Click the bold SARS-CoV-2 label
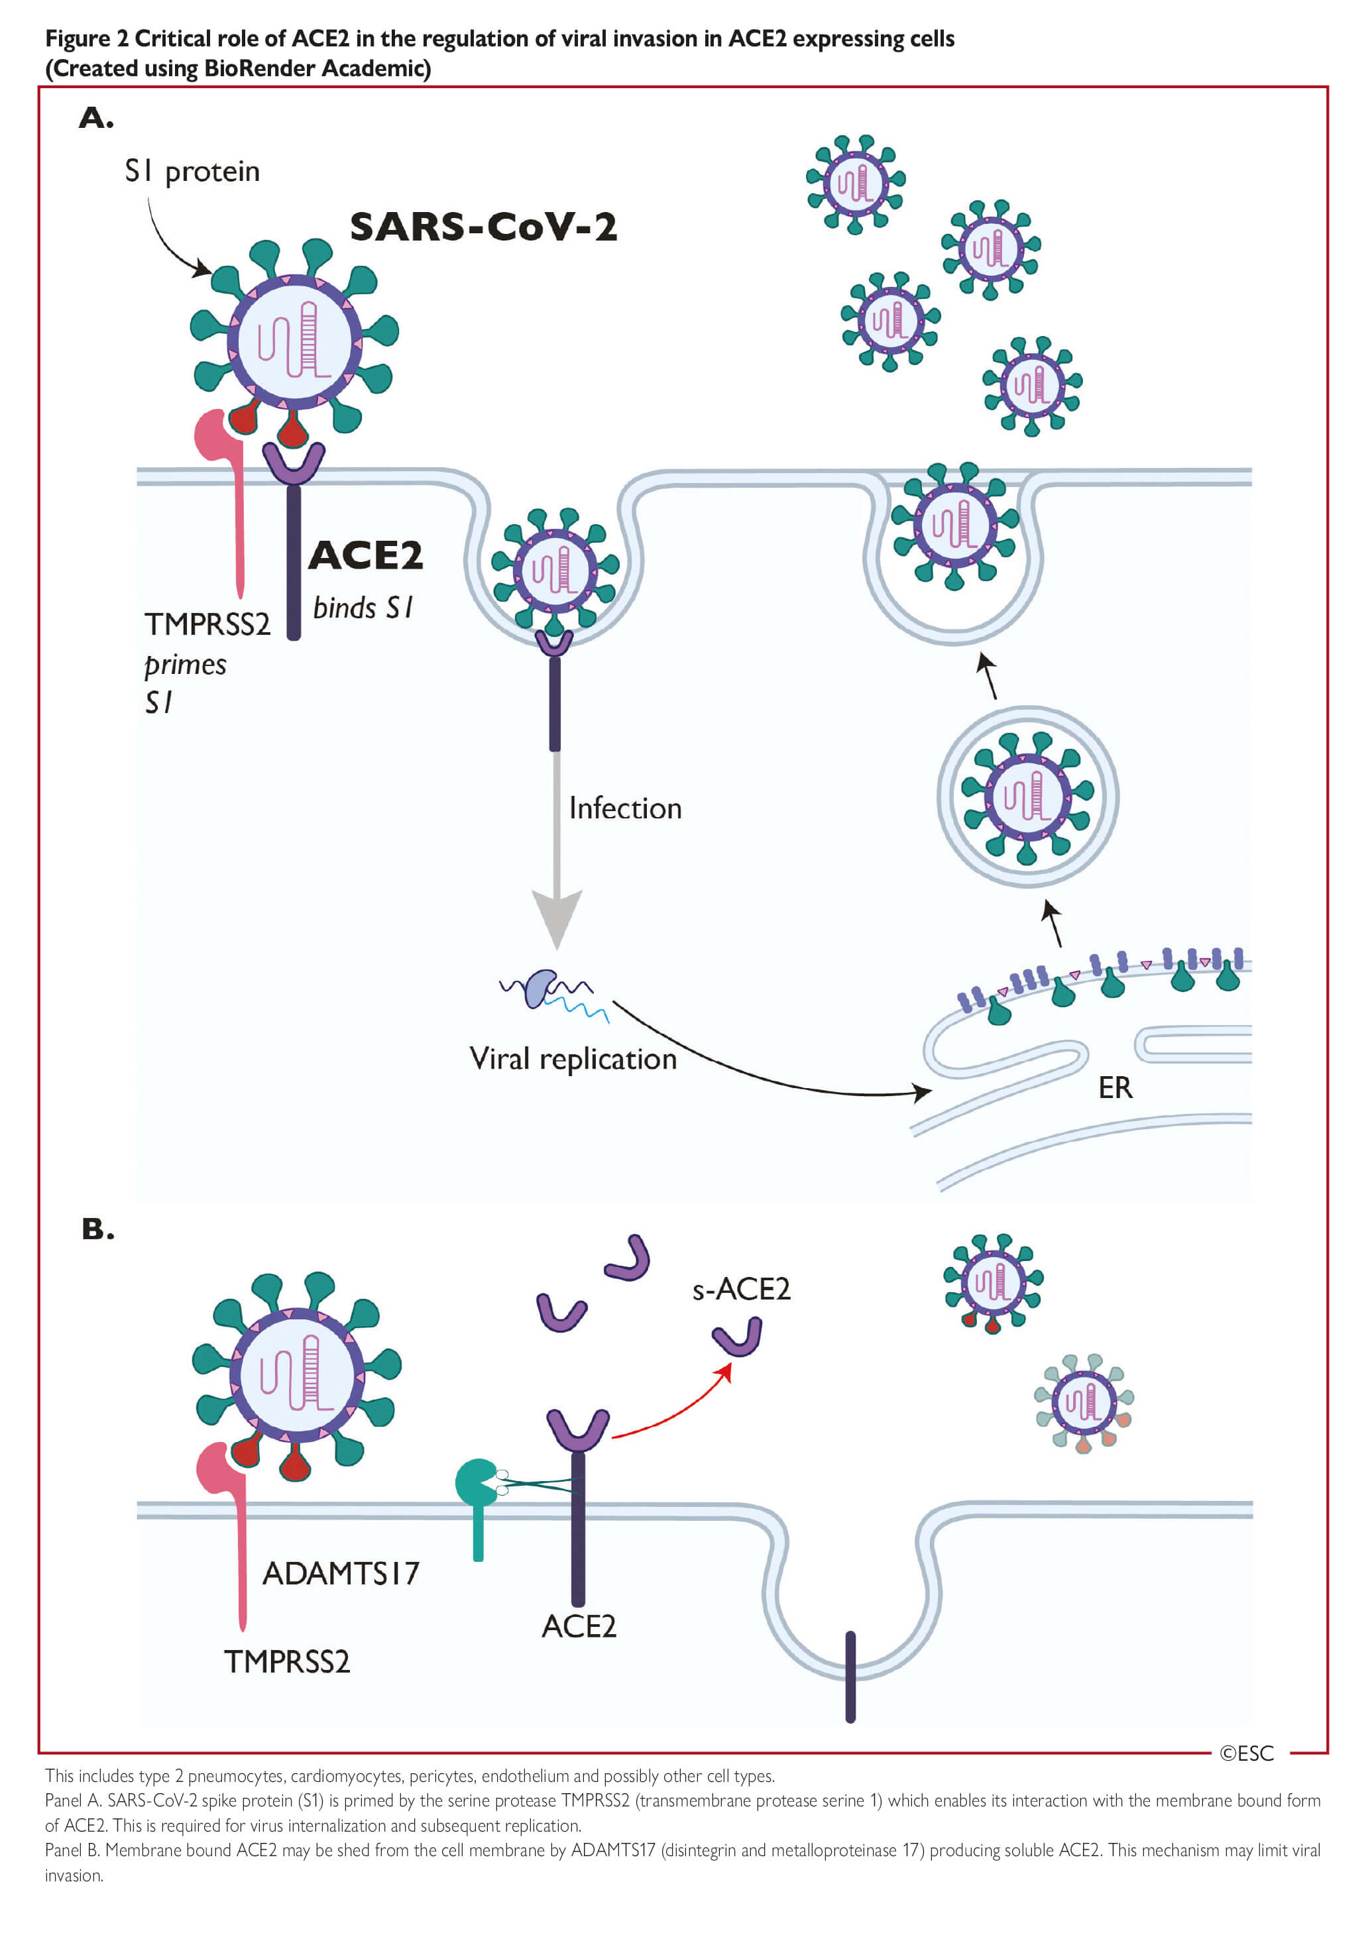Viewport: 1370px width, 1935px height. point(483,227)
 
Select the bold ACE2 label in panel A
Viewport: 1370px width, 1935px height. point(365,555)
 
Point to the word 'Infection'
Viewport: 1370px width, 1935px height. point(625,808)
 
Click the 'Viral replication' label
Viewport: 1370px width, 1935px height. point(573,1058)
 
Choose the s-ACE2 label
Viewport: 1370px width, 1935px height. point(741,1289)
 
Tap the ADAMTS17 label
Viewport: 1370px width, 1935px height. point(341,1573)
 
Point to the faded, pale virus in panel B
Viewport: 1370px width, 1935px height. point(1084,1402)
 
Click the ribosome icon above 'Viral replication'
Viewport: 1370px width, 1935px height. point(540,989)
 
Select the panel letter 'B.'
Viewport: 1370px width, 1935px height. point(98,1229)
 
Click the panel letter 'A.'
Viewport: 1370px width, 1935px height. point(96,117)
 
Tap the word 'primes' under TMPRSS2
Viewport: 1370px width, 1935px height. point(186,665)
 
